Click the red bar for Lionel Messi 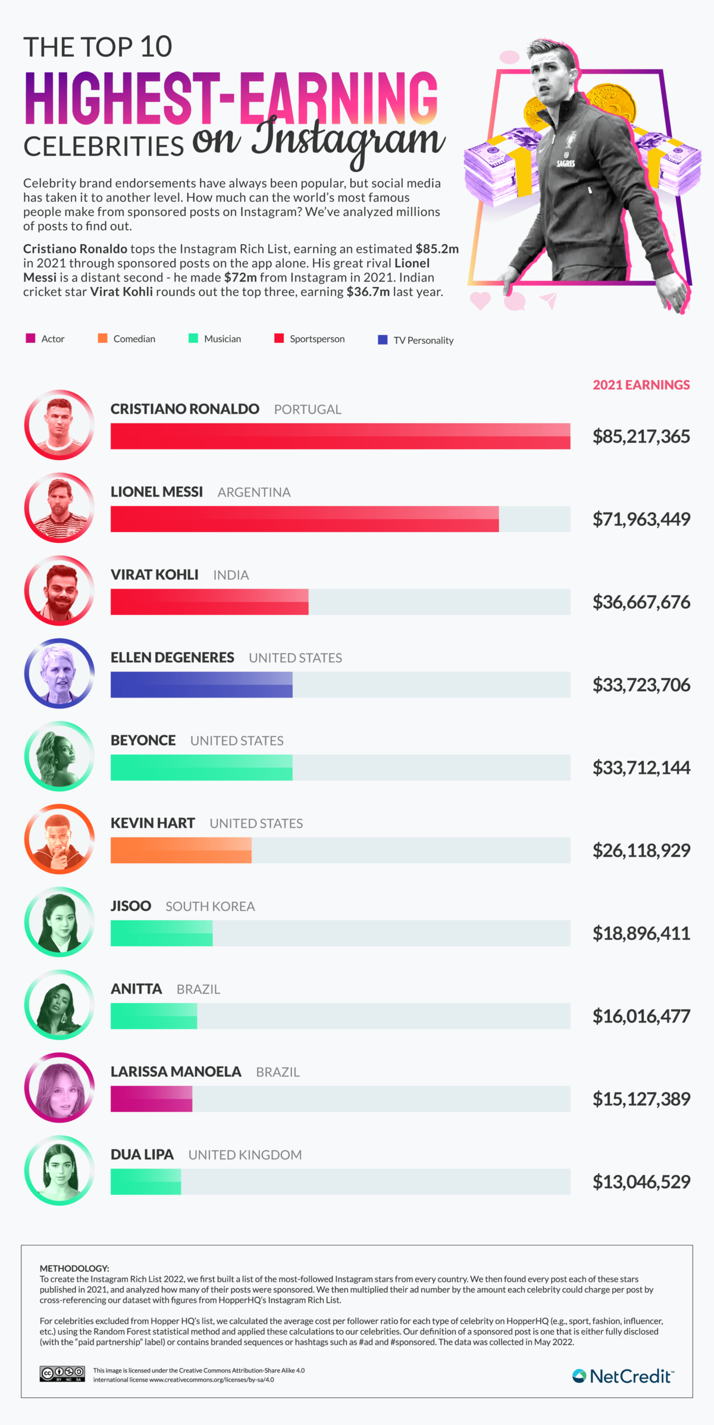pyautogui.click(x=304, y=519)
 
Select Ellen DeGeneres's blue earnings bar pyautogui.click(x=201, y=685)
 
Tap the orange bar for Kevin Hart pyautogui.click(x=181, y=850)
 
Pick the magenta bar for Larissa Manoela pyautogui.click(x=151, y=1099)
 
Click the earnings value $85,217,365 pyautogui.click(x=641, y=436)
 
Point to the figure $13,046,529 pyautogui.click(x=641, y=1182)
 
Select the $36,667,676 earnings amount pyautogui.click(x=641, y=602)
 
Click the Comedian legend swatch pyautogui.click(x=102, y=339)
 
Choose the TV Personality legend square pyautogui.click(x=383, y=340)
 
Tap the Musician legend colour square pyautogui.click(x=193, y=339)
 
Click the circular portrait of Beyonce pyautogui.click(x=59, y=756)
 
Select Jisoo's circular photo pyautogui.click(x=59, y=922)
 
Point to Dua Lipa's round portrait pyautogui.click(x=59, y=1170)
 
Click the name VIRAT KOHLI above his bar pyautogui.click(x=154, y=574)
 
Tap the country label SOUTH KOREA pyautogui.click(x=210, y=907)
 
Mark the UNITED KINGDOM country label pyautogui.click(x=245, y=1155)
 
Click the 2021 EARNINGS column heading pyautogui.click(x=641, y=385)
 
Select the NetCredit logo pyautogui.click(x=622, y=1376)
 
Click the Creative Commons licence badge pyautogui.click(x=62, y=1374)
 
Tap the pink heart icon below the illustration pyautogui.click(x=480, y=300)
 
